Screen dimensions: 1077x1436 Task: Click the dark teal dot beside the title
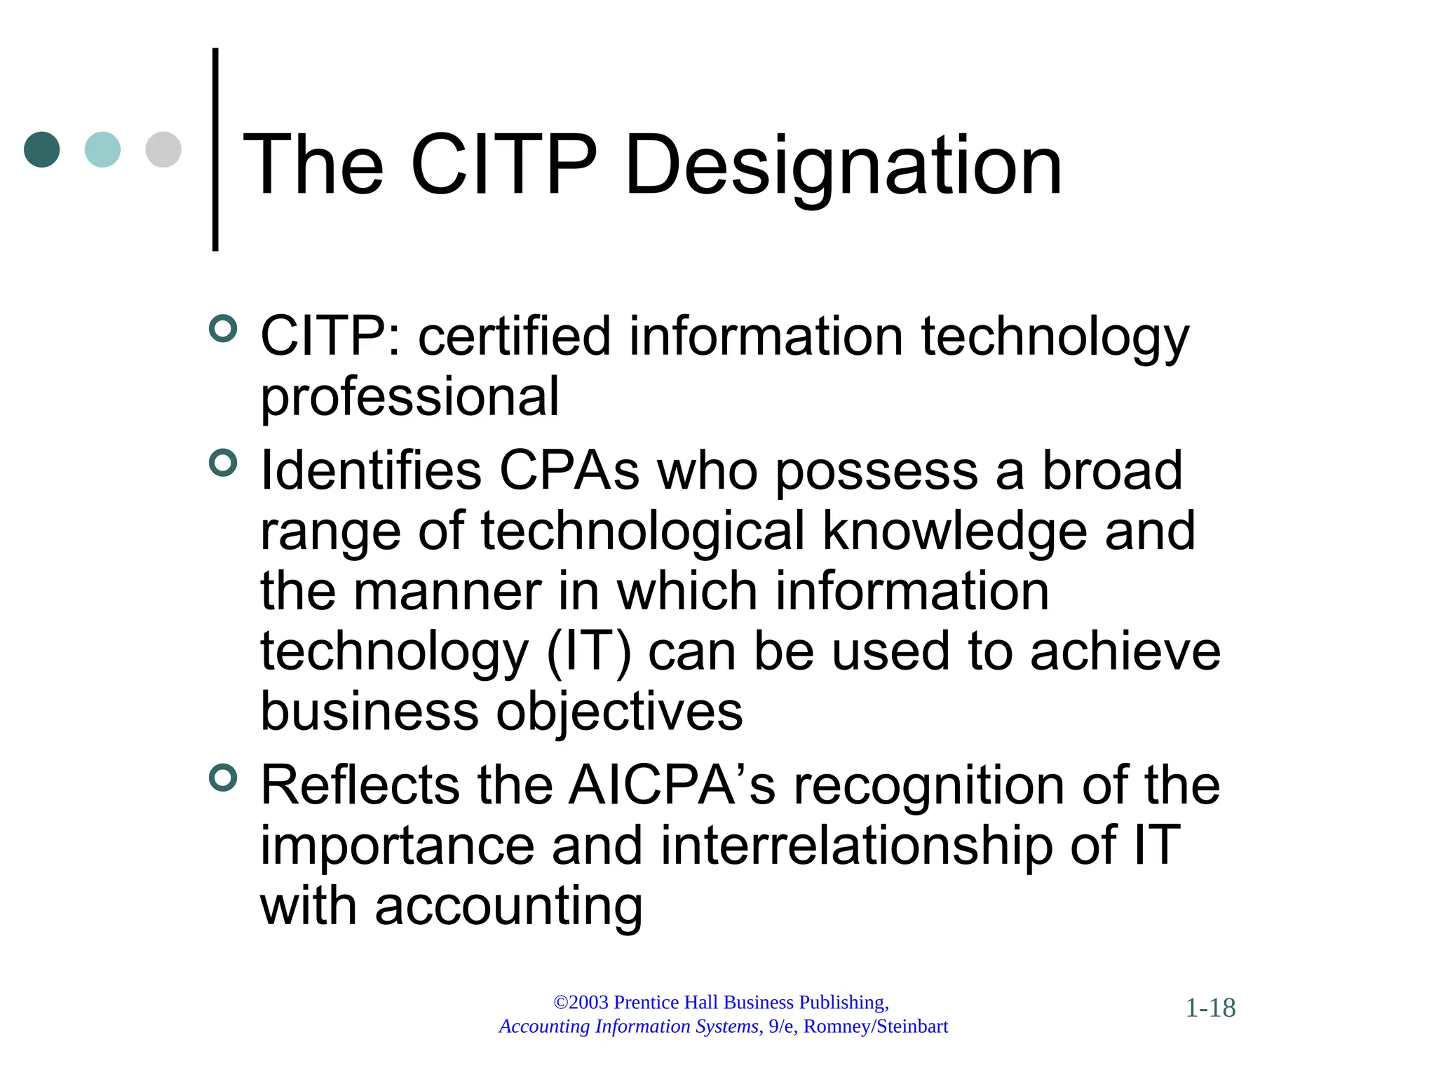[41, 149]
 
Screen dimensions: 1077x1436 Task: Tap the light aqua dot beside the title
[102, 149]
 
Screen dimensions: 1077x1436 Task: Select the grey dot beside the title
[163, 149]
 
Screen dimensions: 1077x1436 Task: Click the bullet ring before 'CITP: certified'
[223, 328]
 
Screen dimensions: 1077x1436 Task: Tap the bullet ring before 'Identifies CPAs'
[223, 463]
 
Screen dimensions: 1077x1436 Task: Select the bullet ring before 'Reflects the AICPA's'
[223, 778]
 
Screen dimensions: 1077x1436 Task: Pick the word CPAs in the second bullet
[569, 470]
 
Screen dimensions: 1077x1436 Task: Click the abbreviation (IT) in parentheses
[588, 652]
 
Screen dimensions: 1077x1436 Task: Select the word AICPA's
[672, 785]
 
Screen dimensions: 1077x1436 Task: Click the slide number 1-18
[1210, 1008]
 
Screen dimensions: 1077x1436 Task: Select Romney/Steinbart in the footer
[876, 1027]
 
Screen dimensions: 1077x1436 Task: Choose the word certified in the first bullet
[515, 337]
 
